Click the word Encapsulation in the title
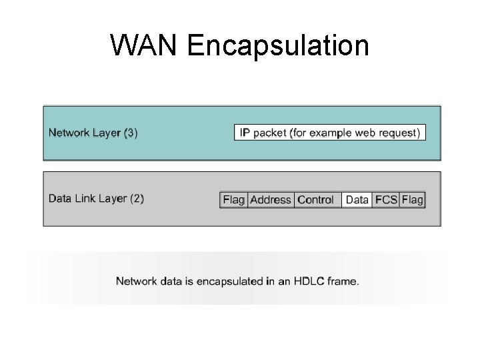click(x=278, y=45)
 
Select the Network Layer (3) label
click(x=93, y=132)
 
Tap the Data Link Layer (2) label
click(x=96, y=198)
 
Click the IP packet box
click(x=330, y=132)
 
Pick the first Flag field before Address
click(x=234, y=199)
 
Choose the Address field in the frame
click(x=271, y=199)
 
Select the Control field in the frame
click(x=316, y=199)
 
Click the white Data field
click(x=357, y=199)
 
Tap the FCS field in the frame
click(x=386, y=199)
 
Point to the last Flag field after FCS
click(x=413, y=199)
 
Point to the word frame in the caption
click(x=343, y=281)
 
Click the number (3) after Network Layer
click(x=131, y=132)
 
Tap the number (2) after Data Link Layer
click(x=137, y=198)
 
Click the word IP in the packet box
click(x=245, y=132)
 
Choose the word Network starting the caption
click(x=137, y=281)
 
